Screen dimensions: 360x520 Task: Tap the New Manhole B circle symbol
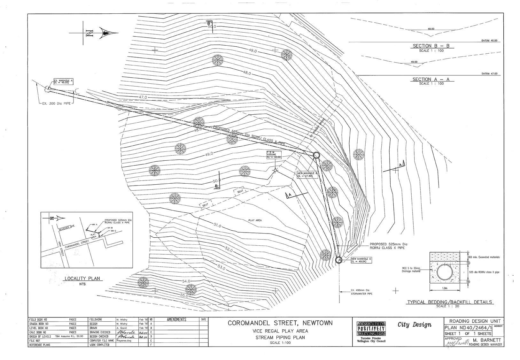(316, 155)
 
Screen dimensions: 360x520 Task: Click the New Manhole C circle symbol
(339, 260)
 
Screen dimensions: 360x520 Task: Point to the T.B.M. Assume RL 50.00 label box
(274, 155)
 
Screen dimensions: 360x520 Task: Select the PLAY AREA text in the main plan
(255, 220)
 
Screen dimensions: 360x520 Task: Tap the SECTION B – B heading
(431, 46)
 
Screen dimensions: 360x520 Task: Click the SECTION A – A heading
(431, 79)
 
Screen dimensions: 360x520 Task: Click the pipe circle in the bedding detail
(445, 272)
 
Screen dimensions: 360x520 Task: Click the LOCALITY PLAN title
(83, 279)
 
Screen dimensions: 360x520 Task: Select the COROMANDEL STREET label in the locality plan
(77, 245)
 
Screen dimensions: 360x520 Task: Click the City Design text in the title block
(414, 325)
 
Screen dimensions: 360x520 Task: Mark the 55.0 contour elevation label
(184, 296)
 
